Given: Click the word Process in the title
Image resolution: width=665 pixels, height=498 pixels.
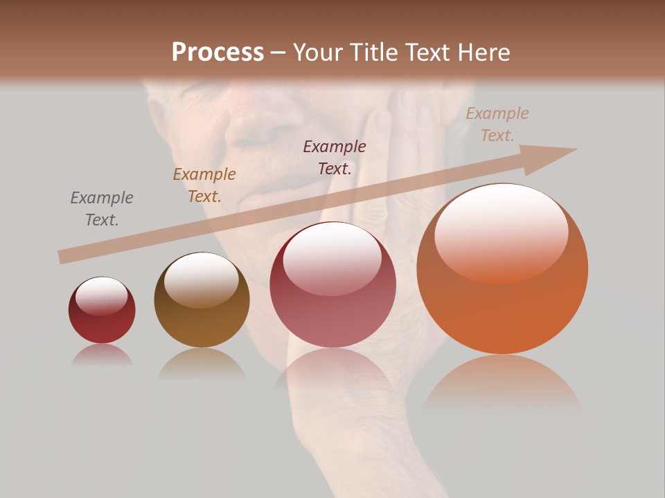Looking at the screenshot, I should tap(218, 53).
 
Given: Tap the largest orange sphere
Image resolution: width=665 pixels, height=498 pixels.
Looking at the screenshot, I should tap(502, 290).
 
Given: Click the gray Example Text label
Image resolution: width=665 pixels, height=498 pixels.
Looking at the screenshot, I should tap(102, 209).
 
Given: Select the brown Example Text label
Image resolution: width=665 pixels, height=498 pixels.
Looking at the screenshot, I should tap(204, 185).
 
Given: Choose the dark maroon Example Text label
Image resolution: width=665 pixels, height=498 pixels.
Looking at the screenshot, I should tap(335, 157).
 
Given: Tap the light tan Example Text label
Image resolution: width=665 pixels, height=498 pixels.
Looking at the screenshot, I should tap(497, 124).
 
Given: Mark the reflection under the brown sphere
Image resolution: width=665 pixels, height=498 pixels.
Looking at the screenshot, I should tap(202, 364).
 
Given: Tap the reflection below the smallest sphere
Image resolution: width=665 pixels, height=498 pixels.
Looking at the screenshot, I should tap(102, 355).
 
